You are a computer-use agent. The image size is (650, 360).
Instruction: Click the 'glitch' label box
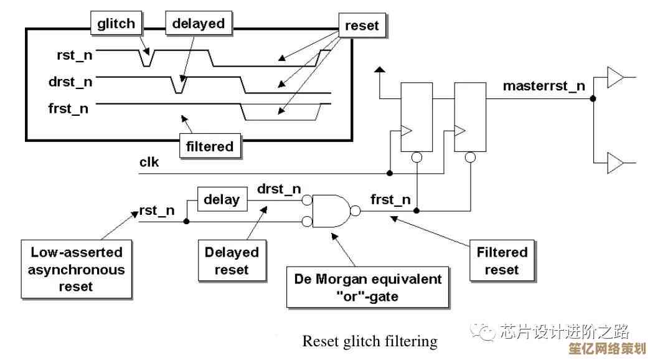(116, 24)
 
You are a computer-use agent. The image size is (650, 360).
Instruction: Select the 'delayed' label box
(198, 24)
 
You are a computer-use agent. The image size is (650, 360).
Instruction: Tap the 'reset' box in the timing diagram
(362, 26)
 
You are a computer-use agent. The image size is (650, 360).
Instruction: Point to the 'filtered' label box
(210, 146)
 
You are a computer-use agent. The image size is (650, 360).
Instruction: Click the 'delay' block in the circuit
(222, 200)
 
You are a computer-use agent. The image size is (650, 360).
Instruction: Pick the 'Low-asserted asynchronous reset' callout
(76, 269)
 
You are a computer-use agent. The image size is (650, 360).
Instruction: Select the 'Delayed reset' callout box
(231, 261)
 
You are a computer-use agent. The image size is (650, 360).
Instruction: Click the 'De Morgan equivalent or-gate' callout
(367, 287)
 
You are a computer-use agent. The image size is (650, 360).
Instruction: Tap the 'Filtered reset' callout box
(502, 261)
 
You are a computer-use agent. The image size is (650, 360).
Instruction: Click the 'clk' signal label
(149, 163)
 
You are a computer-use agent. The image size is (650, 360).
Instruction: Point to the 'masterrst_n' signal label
(544, 86)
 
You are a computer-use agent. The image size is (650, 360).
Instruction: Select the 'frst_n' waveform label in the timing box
(68, 108)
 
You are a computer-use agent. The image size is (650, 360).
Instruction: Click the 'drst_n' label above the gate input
(279, 189)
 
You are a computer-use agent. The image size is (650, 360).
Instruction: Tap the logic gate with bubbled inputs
(331, 211)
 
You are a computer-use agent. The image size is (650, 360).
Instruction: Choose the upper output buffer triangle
(615, 78)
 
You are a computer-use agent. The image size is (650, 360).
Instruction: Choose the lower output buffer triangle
(615, 164)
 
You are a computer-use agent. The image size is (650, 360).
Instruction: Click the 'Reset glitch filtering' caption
(369, 341)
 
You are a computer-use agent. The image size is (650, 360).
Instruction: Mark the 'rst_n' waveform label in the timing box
(75, 55)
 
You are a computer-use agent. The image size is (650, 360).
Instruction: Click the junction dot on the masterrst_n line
(593, 98)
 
